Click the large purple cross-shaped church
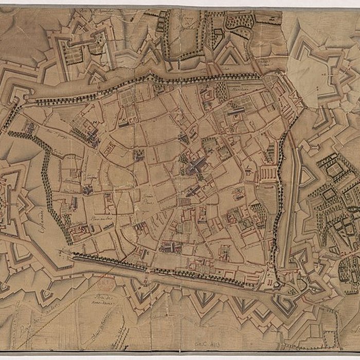(x=196, y=166)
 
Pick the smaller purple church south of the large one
(x=193, y=191)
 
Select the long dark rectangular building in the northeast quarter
(x=236, y=111)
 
